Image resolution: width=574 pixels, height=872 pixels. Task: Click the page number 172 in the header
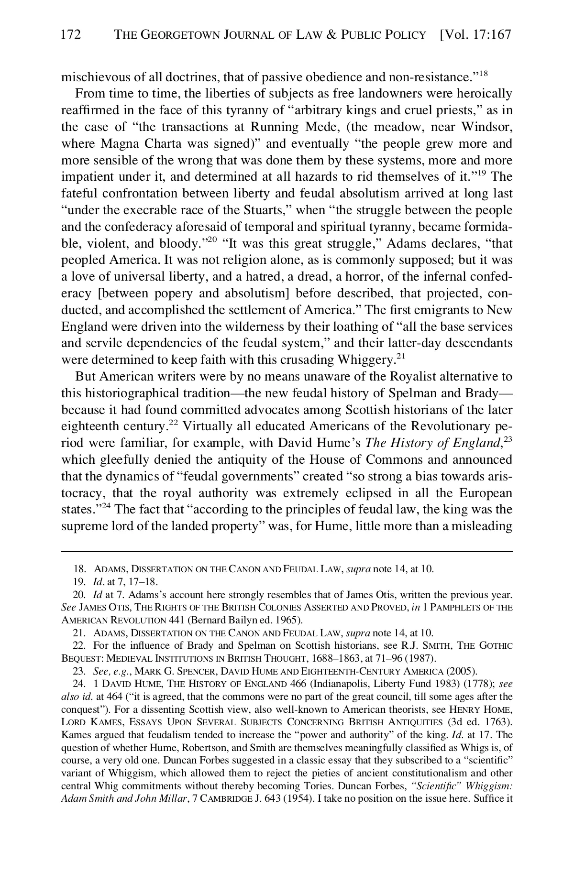[71, 35]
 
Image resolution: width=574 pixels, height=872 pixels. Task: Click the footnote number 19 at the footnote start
[78, 582]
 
